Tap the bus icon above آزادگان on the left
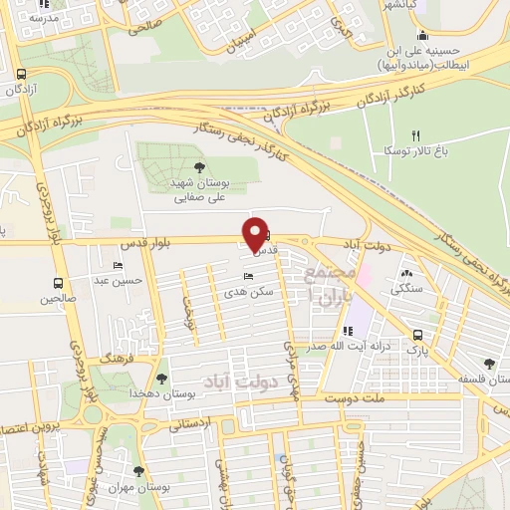[x=22, y=74]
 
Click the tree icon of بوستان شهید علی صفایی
[x=198, y=167]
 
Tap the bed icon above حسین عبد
[x=119, y=266]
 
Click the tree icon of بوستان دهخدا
[x=161, y=378]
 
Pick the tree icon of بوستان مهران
[x=137, y=471]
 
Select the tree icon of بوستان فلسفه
[x=488, y=365]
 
